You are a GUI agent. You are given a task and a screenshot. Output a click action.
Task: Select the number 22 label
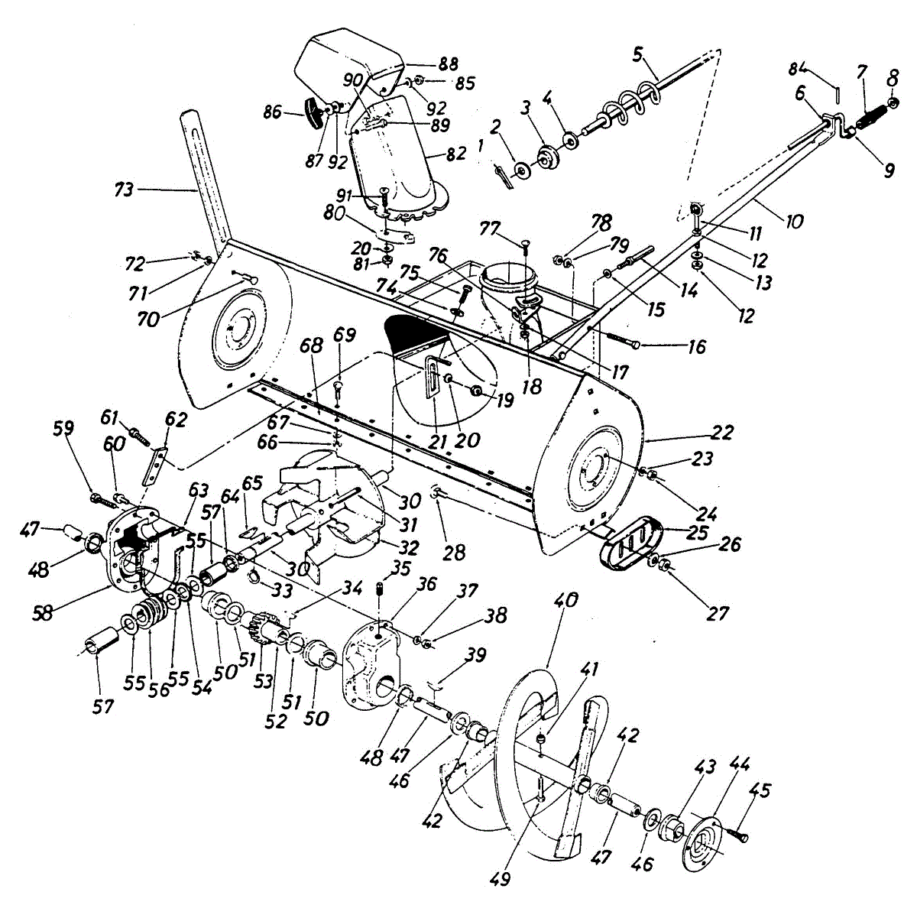pyautogui.click(x=721, y=433)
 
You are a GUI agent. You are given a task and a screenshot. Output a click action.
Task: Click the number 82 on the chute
pyautogui.click(x=456, y=154)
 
